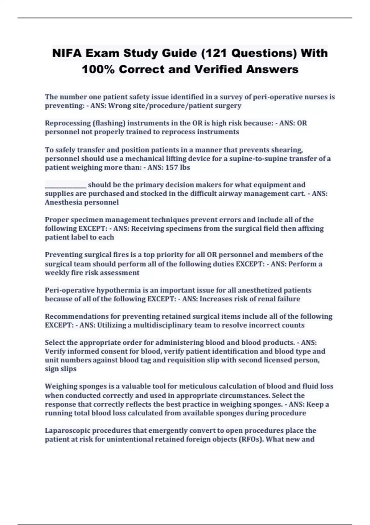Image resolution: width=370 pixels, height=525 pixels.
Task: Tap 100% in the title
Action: point(98,69)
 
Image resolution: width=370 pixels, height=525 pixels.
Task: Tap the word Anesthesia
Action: point(63,202)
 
